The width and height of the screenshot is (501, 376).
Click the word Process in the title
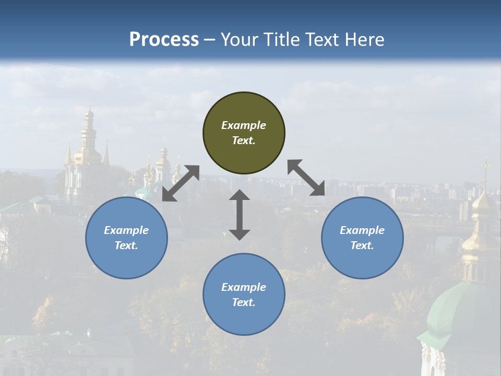click(x=164, y=40)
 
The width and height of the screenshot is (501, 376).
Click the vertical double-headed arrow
click(x=240, y=215)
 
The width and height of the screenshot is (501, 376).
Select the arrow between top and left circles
click(x=181, y=183)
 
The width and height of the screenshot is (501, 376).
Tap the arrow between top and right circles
click(x=306, y=178)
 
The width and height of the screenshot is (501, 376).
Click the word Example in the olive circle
click(x=244, y=125)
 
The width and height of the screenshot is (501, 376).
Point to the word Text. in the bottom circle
click(x=244, y=302)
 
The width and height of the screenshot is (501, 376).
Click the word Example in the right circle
click(x=362, y=230)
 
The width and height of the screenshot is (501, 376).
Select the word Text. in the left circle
click(x=126, y=245)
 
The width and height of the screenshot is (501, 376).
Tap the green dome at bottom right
click(x=459, y=308)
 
